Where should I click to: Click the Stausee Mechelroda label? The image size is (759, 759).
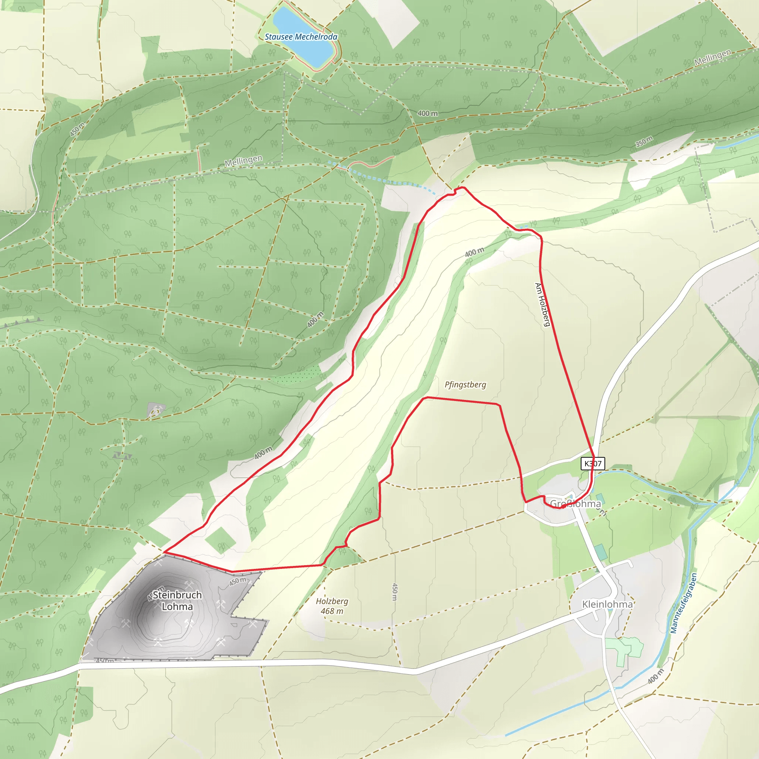tap(301, 37)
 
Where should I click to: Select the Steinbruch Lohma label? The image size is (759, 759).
tap(177, 601)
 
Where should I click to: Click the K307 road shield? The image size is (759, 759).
tap(593, 464)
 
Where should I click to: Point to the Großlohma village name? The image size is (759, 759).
tap(576, 504)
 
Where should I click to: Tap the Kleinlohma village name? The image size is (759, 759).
tap(607, 604)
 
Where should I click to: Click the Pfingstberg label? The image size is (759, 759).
tap(465, 385)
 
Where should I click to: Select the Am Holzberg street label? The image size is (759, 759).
tap(543, 305)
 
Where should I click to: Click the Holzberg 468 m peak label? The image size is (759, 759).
tap(332, 606)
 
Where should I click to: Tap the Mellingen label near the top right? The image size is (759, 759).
tap(713, 57)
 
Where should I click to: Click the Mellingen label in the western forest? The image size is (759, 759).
tap(243, 161)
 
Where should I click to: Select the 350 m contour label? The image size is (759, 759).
tap(644, 142)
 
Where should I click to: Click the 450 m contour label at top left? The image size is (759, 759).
tap(77, 130)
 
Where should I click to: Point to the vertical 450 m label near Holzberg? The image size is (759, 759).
tap(395, 591)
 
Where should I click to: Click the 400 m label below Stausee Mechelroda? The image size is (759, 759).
tap(427, 113)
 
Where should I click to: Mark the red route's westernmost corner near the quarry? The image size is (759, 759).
tap(164, 552)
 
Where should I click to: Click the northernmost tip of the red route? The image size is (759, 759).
tap(462, 188)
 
